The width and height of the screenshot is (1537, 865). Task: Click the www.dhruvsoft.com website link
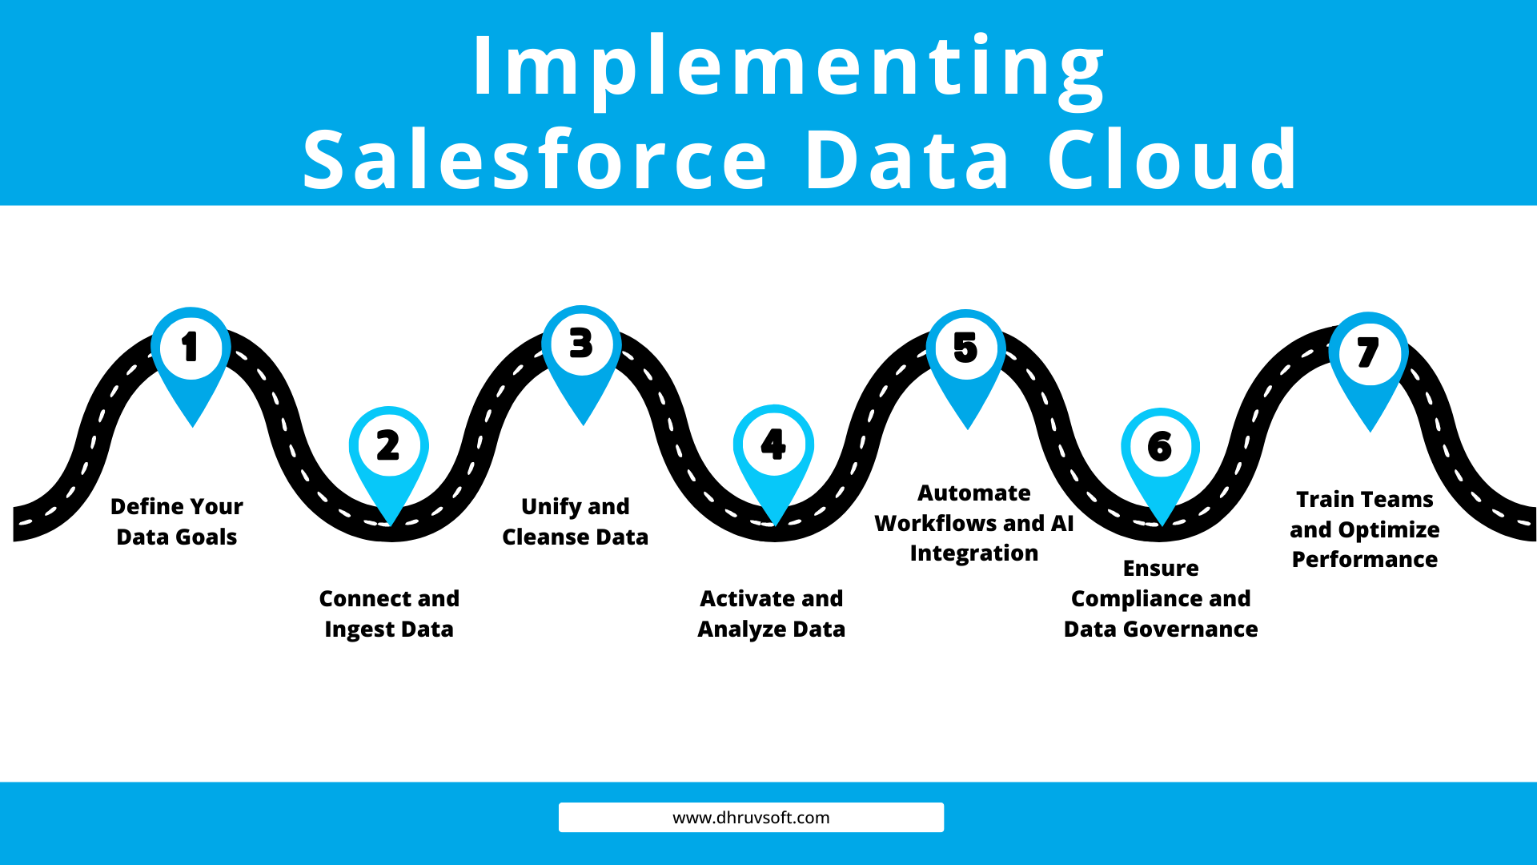pyautogui.click(x=751, y=818)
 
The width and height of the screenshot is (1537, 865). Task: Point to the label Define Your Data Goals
pyautogui.click(x=177, y=521)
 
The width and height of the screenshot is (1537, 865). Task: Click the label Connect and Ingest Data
pyautogui.click(x=389, y=614)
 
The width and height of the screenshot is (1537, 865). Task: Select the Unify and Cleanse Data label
pyautogui.click(x=575, y=521)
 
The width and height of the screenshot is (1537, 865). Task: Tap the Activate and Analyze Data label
pyautogui.click(x=772, y=614)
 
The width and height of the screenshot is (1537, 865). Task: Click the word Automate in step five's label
pyautogui.click(x=974, y=493)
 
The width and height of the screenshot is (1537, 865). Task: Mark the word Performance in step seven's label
pyautogui.click(x=1365, y=559)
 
